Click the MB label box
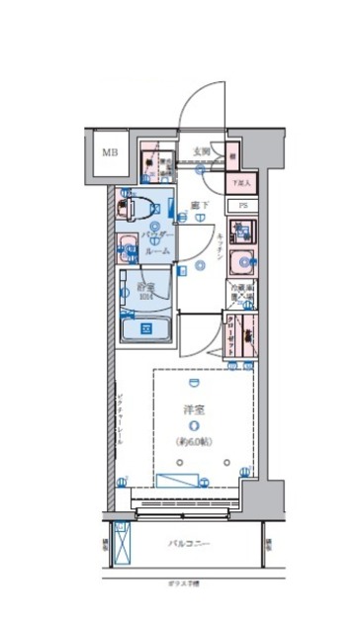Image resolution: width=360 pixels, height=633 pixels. tap(112, 153)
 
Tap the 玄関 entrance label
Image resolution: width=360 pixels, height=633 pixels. tap(201, 150)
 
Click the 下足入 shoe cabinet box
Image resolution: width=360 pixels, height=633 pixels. tap(240, 182)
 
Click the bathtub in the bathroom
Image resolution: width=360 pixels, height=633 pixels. tap(146, 327)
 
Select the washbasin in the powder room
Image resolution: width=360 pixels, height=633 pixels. tap(129, 249)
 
